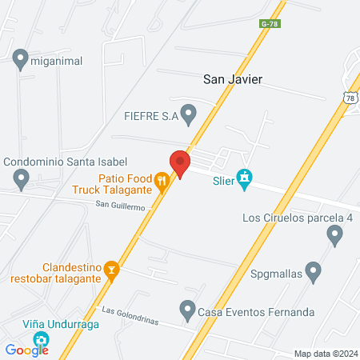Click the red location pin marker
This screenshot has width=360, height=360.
[x=179, y=163]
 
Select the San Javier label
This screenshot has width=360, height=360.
[x=233, y=79]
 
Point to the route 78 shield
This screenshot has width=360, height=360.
[x=350, y=97]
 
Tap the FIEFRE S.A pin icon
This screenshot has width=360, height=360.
[x=189, y=115]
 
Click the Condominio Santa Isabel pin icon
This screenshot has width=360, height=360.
[x=21, y=178]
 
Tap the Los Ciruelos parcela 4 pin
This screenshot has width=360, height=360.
[x=334, y=234]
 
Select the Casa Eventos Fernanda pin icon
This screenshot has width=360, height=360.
[x=187, y=308]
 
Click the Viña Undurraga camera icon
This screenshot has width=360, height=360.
[x=40, y=342]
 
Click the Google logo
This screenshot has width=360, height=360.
[x=26, y=350]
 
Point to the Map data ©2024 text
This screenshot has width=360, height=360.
[x=324, y=354]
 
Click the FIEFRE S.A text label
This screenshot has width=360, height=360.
[x=150, y=115]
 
